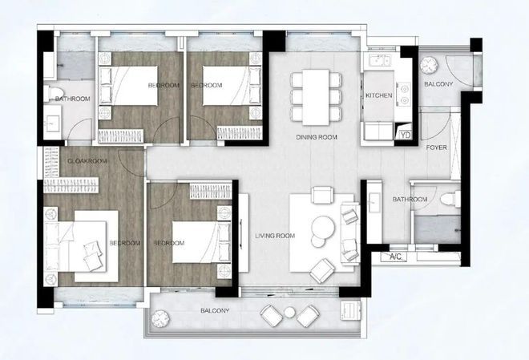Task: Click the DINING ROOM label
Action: pos(317,137)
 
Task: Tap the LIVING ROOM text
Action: pos(275,236)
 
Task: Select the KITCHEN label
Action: pos(379,95)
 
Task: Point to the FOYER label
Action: pos(436,148)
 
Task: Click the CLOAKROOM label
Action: pos(87,161)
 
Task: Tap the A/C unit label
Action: pos(395,257)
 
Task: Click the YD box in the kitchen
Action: pos(406,135)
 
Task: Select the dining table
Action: pos(316,97)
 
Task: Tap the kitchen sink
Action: pos(379,61)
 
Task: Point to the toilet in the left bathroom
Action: pos(54,93)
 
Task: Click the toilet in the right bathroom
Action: pos(450,199)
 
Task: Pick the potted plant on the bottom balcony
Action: pos(160,318)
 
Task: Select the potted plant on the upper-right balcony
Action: pos(430,65)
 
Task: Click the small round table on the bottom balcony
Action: pos(289,312)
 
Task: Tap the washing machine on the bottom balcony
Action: pos(350,310)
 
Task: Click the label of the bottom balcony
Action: pos(215,310)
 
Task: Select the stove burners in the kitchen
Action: pos(404,95)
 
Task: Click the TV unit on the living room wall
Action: pos(244,233)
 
